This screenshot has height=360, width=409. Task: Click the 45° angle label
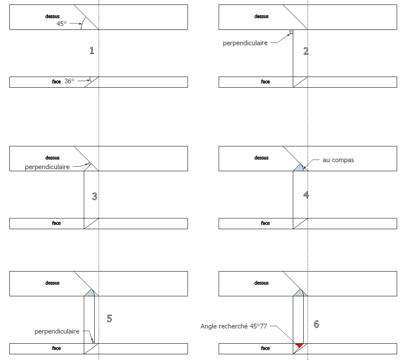[61, 24]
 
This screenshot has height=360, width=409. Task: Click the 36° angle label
[69, 81]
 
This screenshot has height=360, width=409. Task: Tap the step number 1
[91, 50]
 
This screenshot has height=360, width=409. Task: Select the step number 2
[306, 51]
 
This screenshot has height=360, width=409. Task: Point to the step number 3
[94, 196]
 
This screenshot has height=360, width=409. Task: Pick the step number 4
[306, 195]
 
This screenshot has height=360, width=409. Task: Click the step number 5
[109, 318]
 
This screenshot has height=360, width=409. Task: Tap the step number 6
[316, 324]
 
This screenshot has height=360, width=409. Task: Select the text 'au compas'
[339, 160]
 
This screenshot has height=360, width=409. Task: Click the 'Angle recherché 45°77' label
[234, 326]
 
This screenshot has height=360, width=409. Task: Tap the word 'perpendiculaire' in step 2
[245, 43]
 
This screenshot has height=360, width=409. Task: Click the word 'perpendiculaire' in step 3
[47, 167]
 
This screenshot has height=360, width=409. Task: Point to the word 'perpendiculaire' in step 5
[57, 331]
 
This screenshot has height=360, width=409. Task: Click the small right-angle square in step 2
[291, 32]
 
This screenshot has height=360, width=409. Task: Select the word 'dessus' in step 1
[52, 16]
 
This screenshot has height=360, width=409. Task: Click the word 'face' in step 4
[265, 223]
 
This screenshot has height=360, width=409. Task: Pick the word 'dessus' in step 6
[261, 283]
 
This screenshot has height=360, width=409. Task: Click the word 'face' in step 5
[56, 348]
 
